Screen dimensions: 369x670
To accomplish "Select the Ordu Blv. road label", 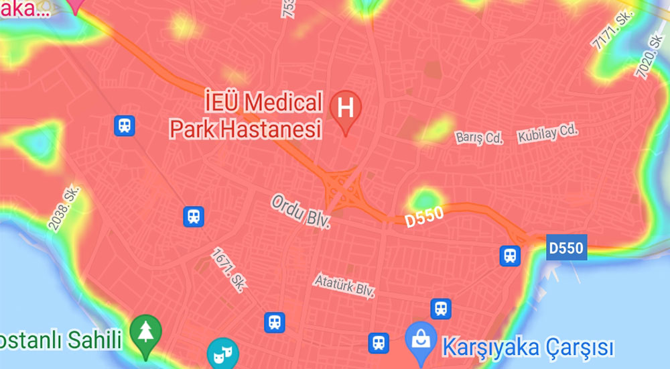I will point(301,211).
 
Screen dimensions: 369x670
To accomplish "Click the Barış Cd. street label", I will point(479,138).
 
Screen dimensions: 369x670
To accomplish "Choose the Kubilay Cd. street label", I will point(547,132).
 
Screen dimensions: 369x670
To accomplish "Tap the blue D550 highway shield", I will point(567,247).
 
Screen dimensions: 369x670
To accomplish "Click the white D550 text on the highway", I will point(424,218).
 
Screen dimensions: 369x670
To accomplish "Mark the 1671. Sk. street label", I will point(228,270).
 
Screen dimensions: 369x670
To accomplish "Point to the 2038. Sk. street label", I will point(65,208).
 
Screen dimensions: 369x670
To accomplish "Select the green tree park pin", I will point(145,333).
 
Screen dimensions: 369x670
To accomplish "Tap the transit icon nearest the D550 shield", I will point(511,256).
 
